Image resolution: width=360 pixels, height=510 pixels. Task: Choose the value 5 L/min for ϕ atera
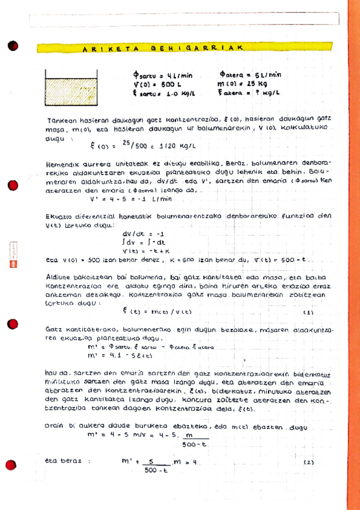(x=267, y=75)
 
